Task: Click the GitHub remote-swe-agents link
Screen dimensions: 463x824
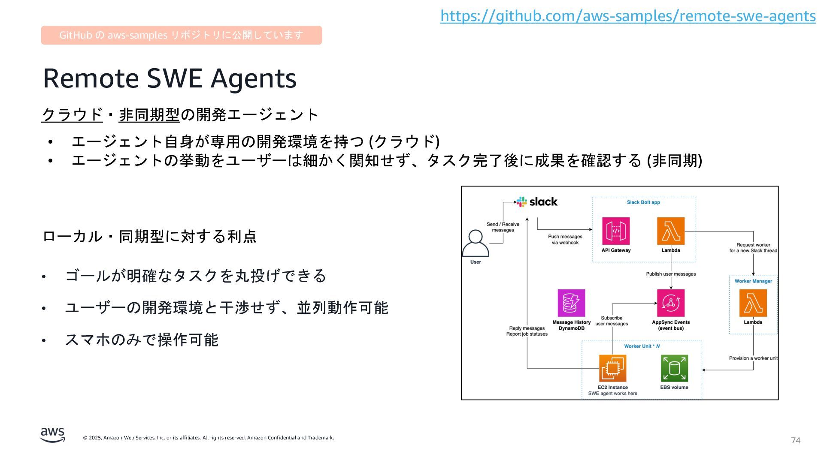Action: coord(628,16)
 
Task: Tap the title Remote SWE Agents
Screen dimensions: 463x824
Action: coord(170,78)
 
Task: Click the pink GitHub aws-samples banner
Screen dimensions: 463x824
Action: coord(181,35)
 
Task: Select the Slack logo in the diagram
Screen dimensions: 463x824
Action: coord(537,201)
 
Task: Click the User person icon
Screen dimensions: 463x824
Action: coord(476,243)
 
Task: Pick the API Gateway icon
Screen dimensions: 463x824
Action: coord(616,231)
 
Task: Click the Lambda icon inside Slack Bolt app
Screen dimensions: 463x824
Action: coord(671,231)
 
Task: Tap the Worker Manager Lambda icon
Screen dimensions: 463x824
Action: coord(753,303)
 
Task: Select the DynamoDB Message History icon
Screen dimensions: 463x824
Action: coord(571,303)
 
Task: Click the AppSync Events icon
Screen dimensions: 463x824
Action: coord(671,303)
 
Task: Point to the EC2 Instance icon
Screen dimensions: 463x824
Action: coord(612,368)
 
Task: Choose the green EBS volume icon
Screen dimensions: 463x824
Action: coord(674,368)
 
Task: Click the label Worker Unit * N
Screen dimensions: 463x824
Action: coord(642,346)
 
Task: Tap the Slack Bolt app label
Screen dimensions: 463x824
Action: coord(643,202)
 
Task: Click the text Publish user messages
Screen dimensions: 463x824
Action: coord(671,274)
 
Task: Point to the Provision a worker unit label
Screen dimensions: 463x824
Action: coord(753,358)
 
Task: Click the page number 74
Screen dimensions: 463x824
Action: coord(796,441)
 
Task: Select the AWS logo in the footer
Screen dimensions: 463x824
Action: coord(53,435)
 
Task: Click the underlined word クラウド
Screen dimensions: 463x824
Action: coord(72,115)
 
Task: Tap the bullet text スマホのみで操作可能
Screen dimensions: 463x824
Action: coord(142,340)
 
